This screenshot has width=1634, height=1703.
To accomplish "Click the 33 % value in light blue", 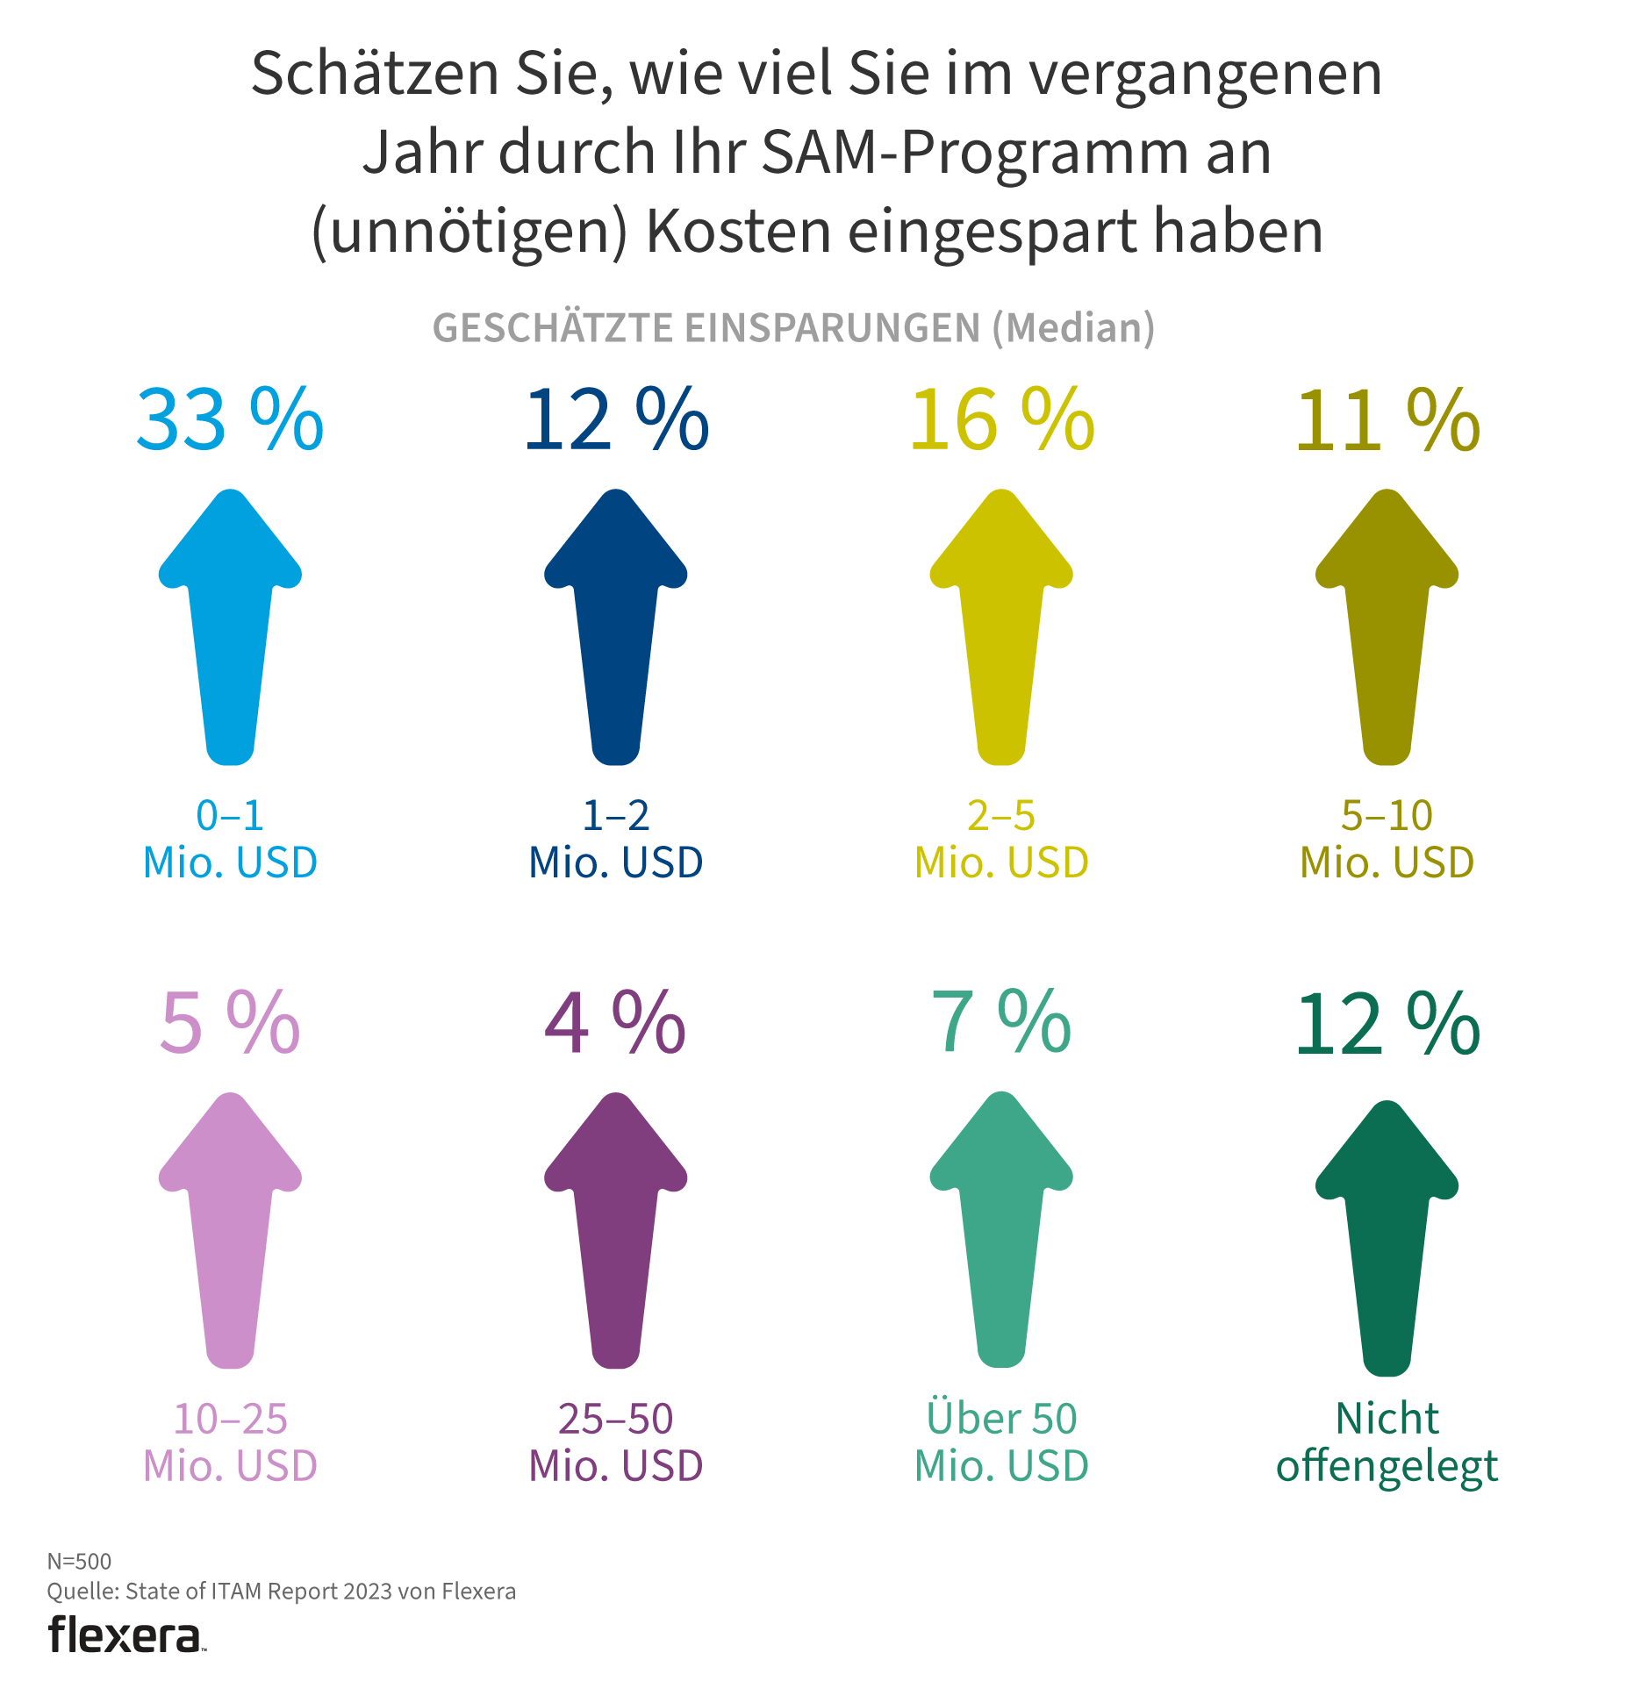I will click(x=230, y=420).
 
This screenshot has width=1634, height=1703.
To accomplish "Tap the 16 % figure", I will click(x=1002, y=420).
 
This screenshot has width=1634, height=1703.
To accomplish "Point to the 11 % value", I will click(x=1387, y=420).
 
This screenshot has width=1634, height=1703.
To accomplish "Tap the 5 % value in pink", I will click(x=230, y=1023).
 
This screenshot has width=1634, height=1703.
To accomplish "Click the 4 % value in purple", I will click(x=615, y=1023).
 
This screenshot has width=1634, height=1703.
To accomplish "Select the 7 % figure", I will click(x=1001, y=1023).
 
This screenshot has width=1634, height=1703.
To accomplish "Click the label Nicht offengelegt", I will click(x=1387, y=1442).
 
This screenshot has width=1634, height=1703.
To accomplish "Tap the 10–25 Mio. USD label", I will click(x=230, y=1442).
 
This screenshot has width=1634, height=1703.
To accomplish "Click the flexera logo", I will click(x=125, y=1635).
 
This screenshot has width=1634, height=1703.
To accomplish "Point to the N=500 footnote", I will click(x=79, y=1561).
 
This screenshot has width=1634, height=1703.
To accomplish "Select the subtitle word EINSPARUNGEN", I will click(x=832, y=328).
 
